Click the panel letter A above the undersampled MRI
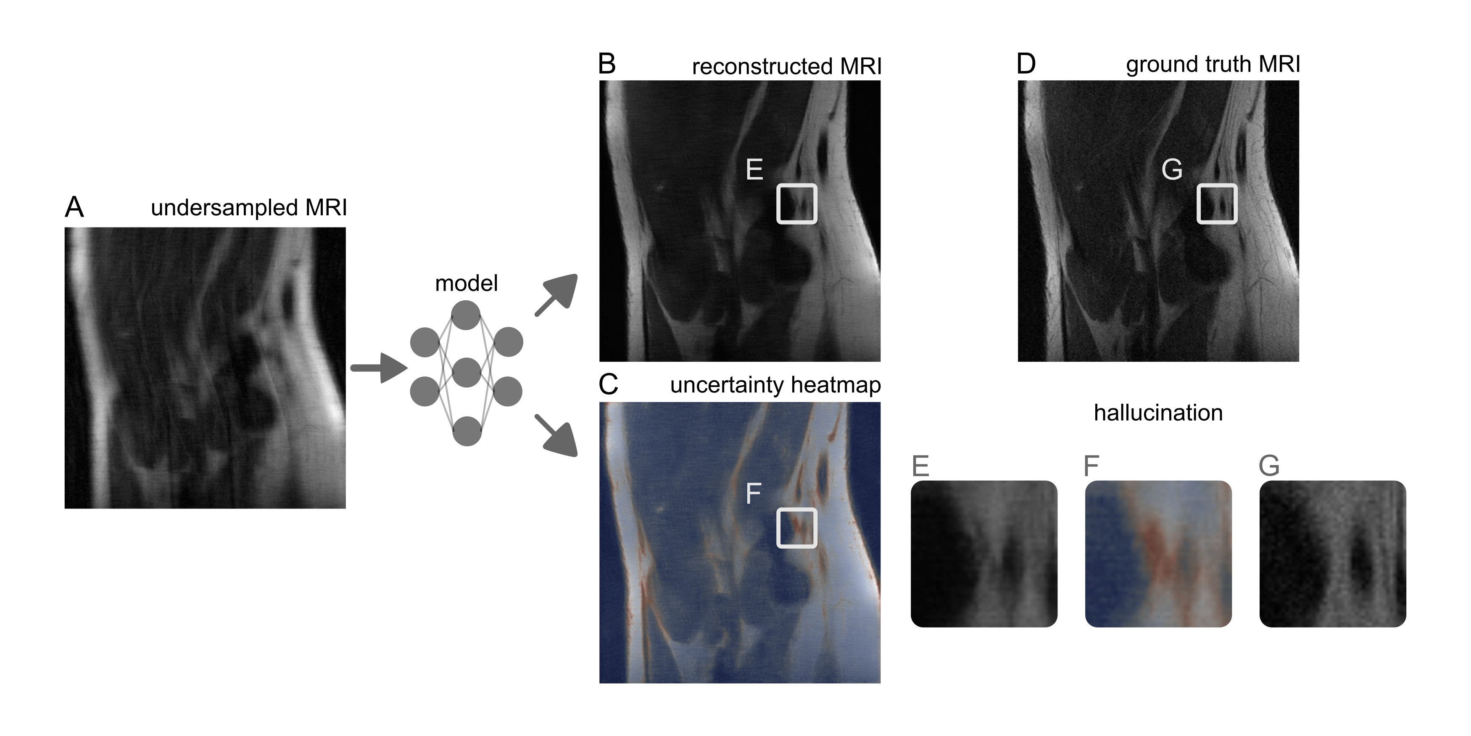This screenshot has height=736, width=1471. [74, 207]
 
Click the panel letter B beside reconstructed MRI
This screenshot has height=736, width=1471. [607, 64]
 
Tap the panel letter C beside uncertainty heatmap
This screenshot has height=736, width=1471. [608, 384]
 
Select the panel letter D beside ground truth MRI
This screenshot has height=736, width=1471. [1026, 64]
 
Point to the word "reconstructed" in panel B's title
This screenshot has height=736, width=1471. [762, 67]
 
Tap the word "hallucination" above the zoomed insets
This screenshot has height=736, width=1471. [1158, 413]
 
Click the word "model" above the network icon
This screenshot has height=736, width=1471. [466, 283]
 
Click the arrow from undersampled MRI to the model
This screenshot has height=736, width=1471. [378, 368]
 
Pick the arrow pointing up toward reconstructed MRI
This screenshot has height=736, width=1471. [557, 294]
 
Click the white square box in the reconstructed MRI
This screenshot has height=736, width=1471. [796, 204]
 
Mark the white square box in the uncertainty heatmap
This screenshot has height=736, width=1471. [796, 528]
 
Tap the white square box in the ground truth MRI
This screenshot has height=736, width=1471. [1216, 204]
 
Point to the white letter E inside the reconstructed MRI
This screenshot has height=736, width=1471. [754, 170]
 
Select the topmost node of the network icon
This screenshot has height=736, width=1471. [466, 316]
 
